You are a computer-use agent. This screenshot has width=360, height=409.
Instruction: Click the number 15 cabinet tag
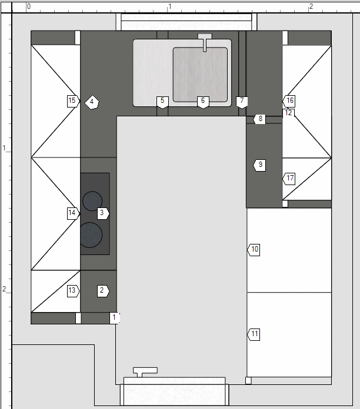click(x=73, y=101)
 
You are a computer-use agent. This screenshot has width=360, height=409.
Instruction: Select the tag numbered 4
click(x=92, y=102)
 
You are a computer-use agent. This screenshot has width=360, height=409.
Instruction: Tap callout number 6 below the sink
click(x=203, y=102)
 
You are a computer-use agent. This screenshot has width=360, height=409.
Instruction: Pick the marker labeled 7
click(x=242, y=102)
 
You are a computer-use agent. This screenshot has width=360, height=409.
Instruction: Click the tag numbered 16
click(x=289, y=101)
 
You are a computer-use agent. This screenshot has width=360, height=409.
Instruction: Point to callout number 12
click(x=288, y=113)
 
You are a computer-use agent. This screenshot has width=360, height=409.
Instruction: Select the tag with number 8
click(x=259, y=119)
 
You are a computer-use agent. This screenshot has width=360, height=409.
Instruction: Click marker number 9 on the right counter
click(x=259, y=165)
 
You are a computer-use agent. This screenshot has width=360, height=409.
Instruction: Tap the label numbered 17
click(x=289, y=179)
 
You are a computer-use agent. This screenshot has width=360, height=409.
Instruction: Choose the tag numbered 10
click(x=254, y=250)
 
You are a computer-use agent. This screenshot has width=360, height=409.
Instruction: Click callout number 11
click(x=254, y=334)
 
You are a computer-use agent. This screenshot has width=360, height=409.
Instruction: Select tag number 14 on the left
click(x=73, y=213)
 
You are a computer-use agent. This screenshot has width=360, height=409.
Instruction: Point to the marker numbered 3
click(x=103, y=213)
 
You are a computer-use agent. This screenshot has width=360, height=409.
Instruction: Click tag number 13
click(x=73, y=291)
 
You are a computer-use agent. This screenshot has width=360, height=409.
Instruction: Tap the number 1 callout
click(x=115, y=319)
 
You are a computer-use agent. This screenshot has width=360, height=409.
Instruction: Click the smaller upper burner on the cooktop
click(x=92, y=201)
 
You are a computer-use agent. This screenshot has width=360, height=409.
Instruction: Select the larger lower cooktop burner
click(x=90, y=234)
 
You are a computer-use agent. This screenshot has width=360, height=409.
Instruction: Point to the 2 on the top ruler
click(x=311, y=6)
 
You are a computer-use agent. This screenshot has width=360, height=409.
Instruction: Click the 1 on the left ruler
click(x=4, y=148)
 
